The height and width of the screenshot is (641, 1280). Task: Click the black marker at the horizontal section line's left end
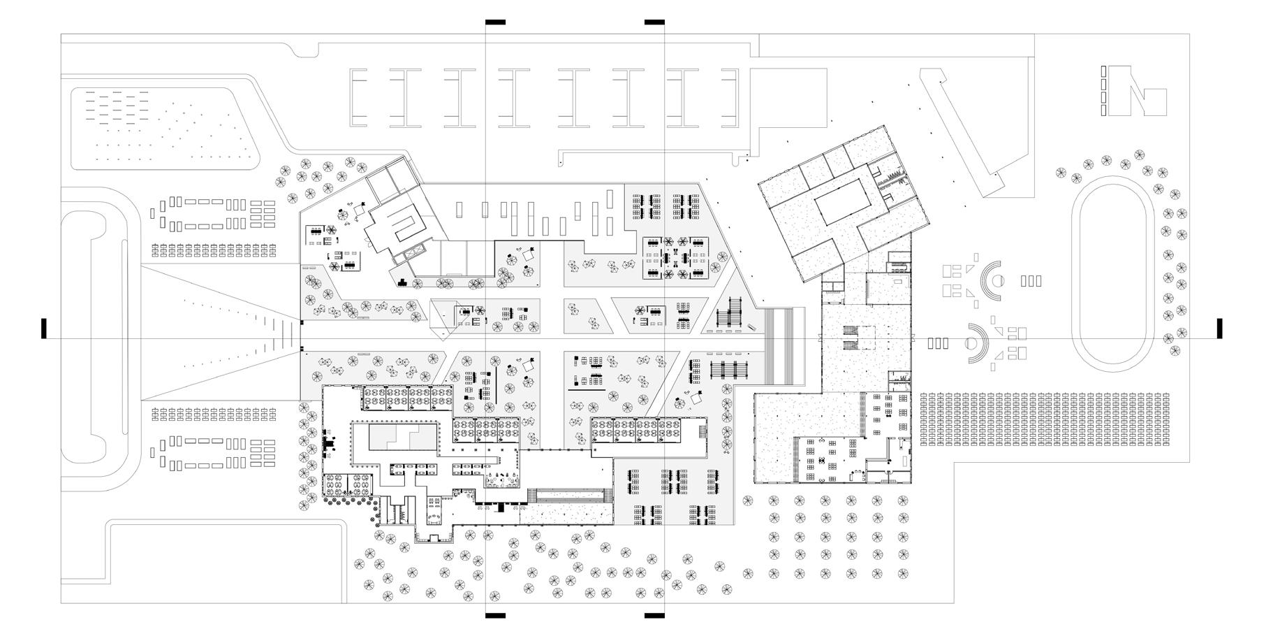tap(44, 329)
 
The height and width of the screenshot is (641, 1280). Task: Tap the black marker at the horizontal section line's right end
tap(1219, 329)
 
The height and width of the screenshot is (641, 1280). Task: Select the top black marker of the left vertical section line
tap(495, 22)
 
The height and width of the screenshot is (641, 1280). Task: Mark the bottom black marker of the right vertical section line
tap(654, 616)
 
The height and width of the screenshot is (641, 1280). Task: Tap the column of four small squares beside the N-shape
tap(1103, 91)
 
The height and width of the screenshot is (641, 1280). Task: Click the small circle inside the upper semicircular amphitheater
tap(999, 281)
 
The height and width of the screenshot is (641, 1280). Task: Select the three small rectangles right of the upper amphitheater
tap(1031, 281)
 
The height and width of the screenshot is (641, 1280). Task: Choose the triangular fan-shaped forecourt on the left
tap(223, 332)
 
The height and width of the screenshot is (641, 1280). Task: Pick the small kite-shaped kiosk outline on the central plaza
tap(445, 318)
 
